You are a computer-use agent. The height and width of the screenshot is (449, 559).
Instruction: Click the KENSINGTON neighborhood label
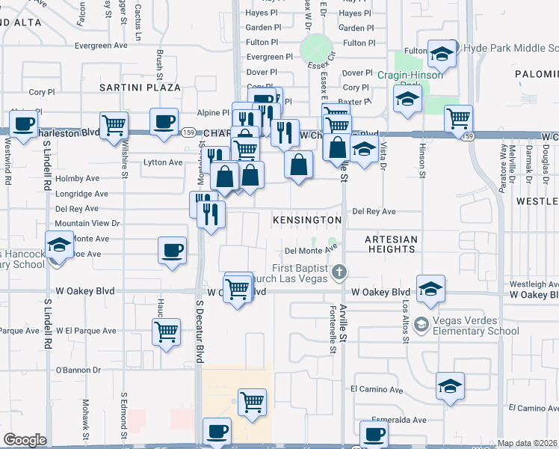point(307,220)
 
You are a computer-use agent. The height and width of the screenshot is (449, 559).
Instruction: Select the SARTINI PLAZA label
point(140,88)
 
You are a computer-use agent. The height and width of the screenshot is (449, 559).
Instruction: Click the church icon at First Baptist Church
point(339,271)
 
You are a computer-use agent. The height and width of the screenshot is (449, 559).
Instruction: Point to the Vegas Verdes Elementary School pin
point(421,324)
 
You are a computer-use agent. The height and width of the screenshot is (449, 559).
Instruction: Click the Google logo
point(25,440)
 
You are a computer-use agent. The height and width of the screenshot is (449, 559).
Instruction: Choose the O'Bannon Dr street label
point(78,370)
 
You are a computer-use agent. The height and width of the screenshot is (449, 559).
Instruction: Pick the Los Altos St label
point(406,317)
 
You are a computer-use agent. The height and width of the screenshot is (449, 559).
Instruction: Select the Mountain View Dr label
point(87,223)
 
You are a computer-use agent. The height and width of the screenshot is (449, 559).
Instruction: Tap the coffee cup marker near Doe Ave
point(172,250)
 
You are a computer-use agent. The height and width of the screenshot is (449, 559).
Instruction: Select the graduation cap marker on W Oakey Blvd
point(430,290)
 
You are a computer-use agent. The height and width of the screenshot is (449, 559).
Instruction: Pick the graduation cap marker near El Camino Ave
point(450,386)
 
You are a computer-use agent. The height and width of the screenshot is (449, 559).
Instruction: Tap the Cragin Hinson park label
point(410,75)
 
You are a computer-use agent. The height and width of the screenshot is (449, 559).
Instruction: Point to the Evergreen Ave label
point(87,46)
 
